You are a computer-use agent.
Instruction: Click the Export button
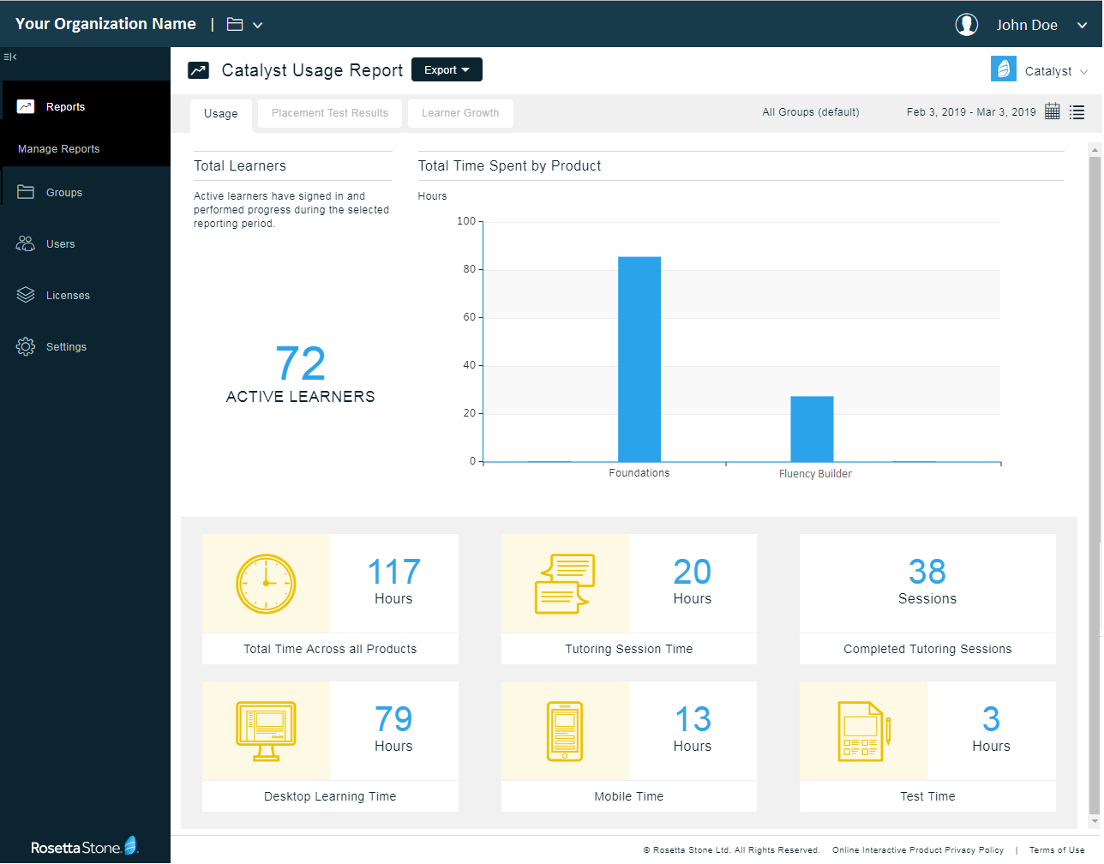(x=447, y=70)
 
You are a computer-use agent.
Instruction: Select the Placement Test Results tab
(x=330, y=113)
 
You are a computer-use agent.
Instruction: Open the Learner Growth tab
(x=460, y=113)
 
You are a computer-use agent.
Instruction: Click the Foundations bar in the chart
(x=639, y=359)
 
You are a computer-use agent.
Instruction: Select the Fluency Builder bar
(x=812, y=429)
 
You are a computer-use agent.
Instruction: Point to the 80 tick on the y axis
(x=469, y=269)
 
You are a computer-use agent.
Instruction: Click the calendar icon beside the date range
(x=1053, y=111)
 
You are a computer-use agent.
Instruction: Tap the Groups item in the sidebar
(x=64, y=193)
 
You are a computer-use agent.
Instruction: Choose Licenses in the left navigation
(x=68, y=296)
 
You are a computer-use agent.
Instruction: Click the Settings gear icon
(x=26, y=346)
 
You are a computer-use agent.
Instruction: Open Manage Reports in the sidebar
(x=59, y=149)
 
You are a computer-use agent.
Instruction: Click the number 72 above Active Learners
(x=301, y=364)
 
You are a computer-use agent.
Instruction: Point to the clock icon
(x=266, y=584)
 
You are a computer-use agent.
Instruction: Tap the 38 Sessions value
(x=927, y=572)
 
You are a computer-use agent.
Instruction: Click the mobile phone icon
(x=565, y=731)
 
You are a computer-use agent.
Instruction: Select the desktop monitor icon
(x=266, y=731)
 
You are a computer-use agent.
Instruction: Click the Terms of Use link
(x=1057, y=850)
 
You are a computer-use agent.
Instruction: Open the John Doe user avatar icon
(x=967, y=25)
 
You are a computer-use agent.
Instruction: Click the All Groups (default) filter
(x=811, y=112)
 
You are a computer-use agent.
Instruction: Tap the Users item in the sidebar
(x=60, y=244)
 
